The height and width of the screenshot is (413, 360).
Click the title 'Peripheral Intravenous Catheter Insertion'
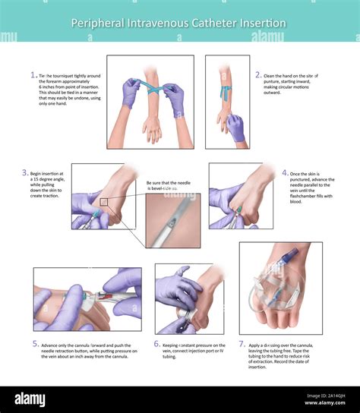(x=178, y=23)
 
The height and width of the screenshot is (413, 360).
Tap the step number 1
(x=33, y=75)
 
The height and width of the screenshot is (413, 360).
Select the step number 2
(x=258, y=75)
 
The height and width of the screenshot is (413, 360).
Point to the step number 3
(x=25, y=172)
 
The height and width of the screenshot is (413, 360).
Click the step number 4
(x=285, y=172)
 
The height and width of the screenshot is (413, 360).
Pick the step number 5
(x=35, y=343)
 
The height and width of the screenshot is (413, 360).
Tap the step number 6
(x=156, y=343)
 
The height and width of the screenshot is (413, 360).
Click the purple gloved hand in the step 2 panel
(x=236, y=127)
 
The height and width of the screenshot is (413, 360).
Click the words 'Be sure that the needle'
(x=169, y=183)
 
